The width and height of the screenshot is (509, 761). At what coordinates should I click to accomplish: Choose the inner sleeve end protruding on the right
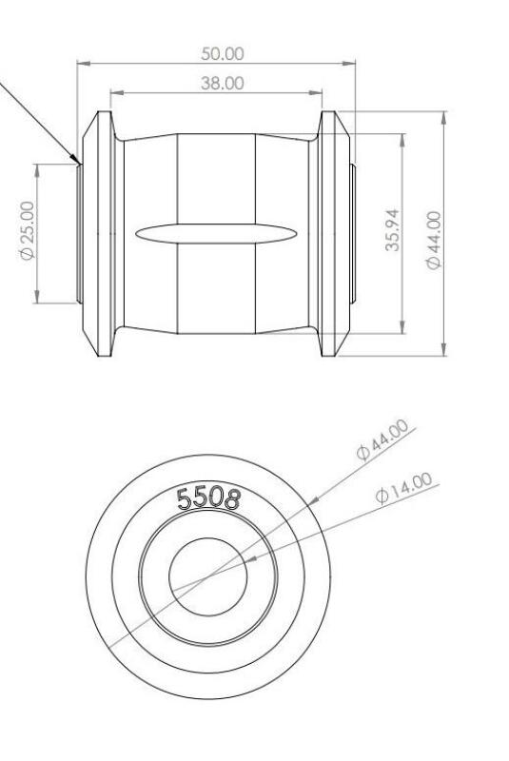coord(351,234)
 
